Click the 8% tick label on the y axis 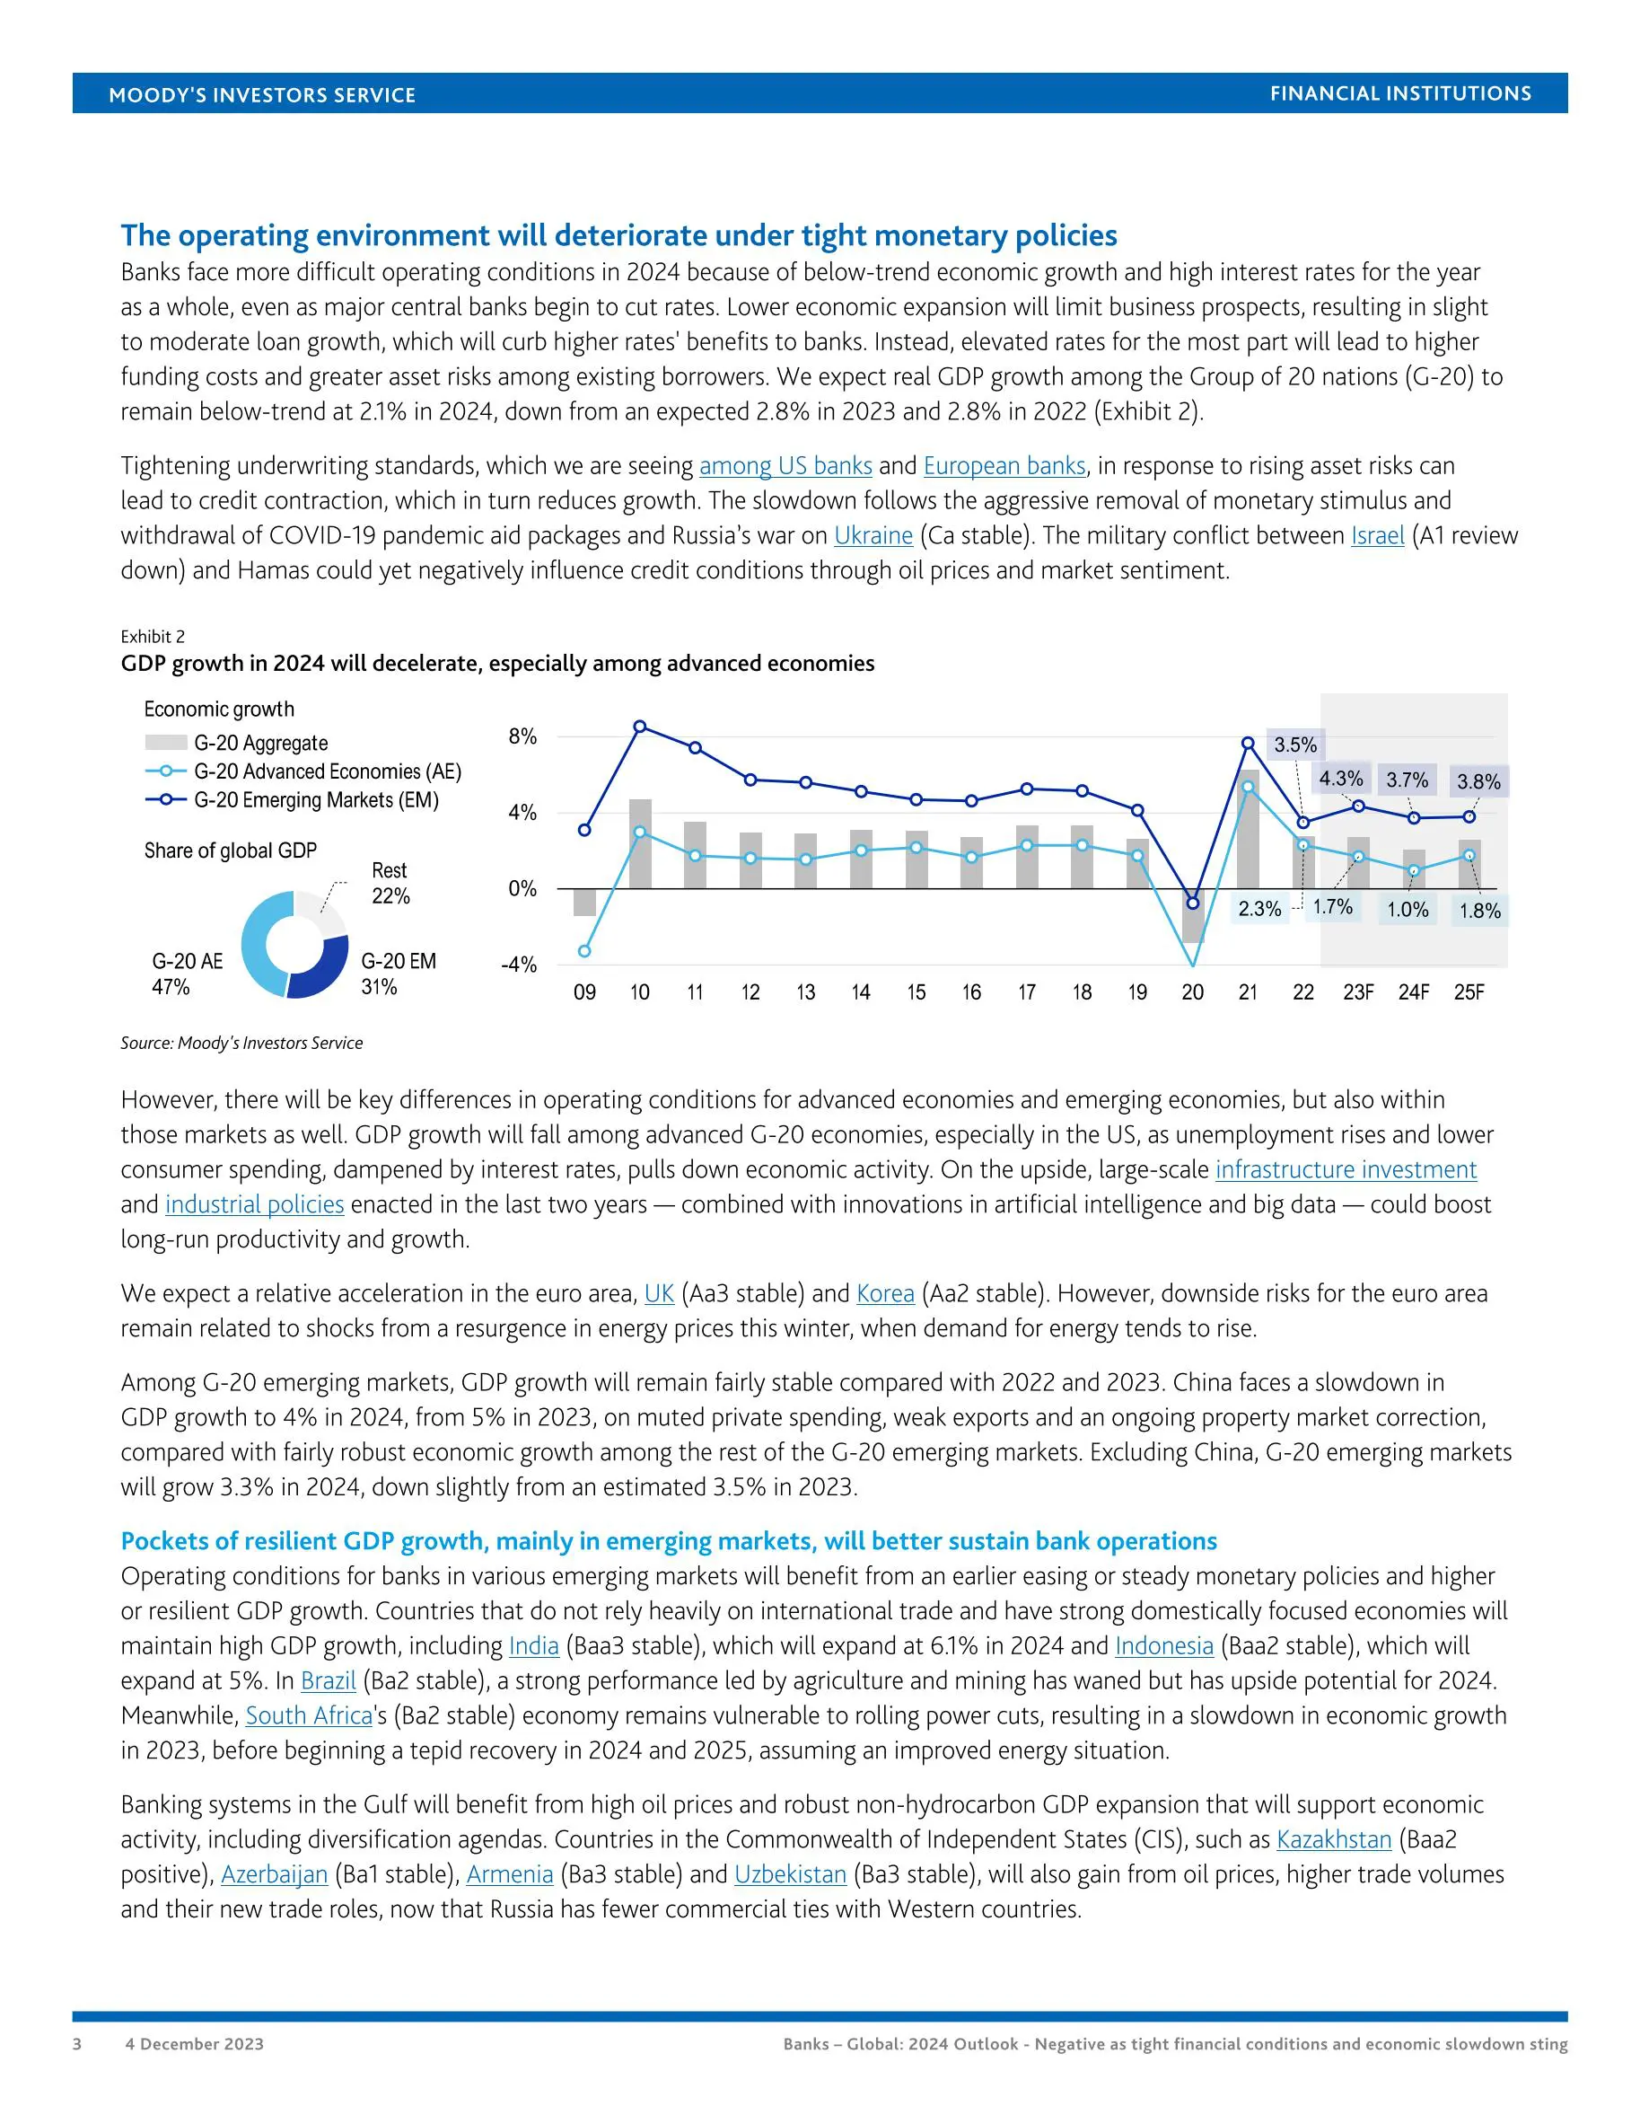(x=522, y=736)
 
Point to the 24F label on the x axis (x=1414, y=992)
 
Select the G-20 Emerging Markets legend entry (x=316, y=799)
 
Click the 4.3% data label (x=1340, y=779)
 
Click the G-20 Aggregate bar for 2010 (x=640, y=843)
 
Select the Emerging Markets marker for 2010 (x=640, y=727)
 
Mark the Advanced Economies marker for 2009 (x=584, y=951)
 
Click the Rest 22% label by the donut (x=390, y=883)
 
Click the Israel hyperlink (x=1378, y=536)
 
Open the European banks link (x=1004, y=466)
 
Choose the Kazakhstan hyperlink (x=1334, y=1840)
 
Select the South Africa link (x=309, y=1715)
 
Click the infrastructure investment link (x=1346, y=1170)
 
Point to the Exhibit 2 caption (x=153, y=637)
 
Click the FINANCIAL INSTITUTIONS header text (x=1400, y=93)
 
